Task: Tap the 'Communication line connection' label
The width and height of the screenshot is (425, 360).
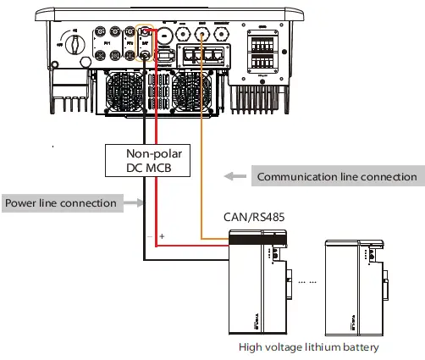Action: click(x=337, y=176)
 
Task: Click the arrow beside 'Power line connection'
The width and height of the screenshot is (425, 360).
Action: click(x=130, y=203)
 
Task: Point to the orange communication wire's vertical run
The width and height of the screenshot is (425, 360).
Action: click(x=201, y=152)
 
